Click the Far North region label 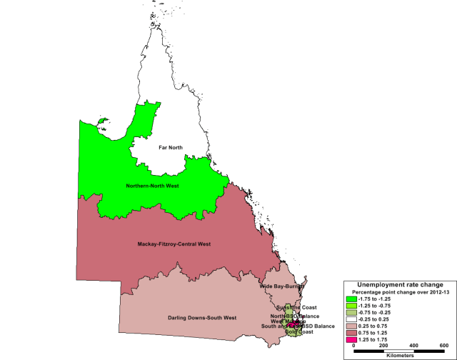point(171,148)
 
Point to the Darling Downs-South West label point(197,316)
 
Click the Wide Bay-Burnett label point(282,286)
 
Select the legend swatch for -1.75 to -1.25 point(351,299)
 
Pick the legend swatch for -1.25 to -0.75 point(351,306)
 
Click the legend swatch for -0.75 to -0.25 point(351,313)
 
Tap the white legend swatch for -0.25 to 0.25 point(351,320)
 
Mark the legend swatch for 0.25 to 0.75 point(351,327)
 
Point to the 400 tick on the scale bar point(413,345)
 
